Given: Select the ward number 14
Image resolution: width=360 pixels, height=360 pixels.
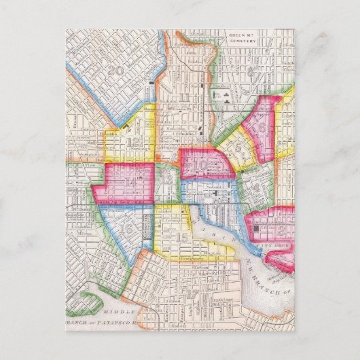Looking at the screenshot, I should coord(128,183).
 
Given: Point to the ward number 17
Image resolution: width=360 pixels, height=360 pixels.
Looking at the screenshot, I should coord(196,295).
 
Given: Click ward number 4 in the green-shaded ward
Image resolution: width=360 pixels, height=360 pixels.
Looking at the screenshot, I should coord(257,186).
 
